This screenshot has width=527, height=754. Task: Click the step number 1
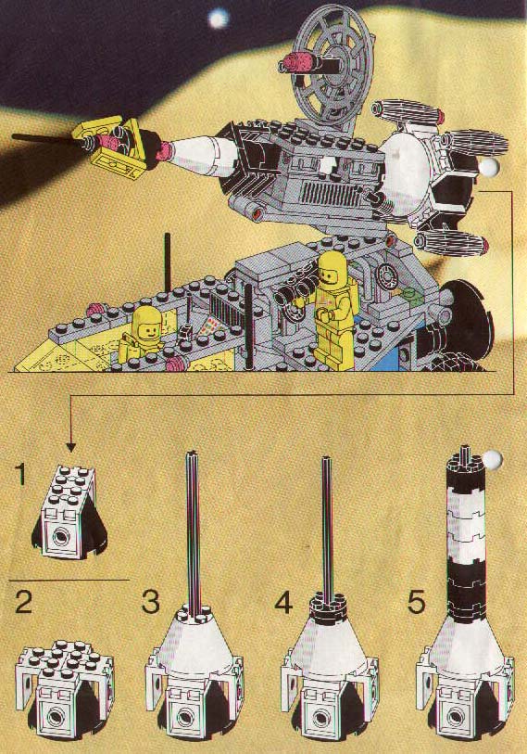(21, 473)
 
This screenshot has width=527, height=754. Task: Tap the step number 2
(24, 602)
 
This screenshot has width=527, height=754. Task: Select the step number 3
(151, 602)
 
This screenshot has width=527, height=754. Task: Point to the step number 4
(284, 602)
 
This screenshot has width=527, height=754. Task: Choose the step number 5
(416, 602)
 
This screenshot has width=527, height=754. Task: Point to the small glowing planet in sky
(218, 19)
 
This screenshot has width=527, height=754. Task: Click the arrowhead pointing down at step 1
(70, 447)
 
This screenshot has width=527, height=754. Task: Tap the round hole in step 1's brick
(59, 536)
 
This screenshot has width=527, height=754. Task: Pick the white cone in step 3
(194, 635)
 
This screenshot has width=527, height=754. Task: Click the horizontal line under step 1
(69, 581)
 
